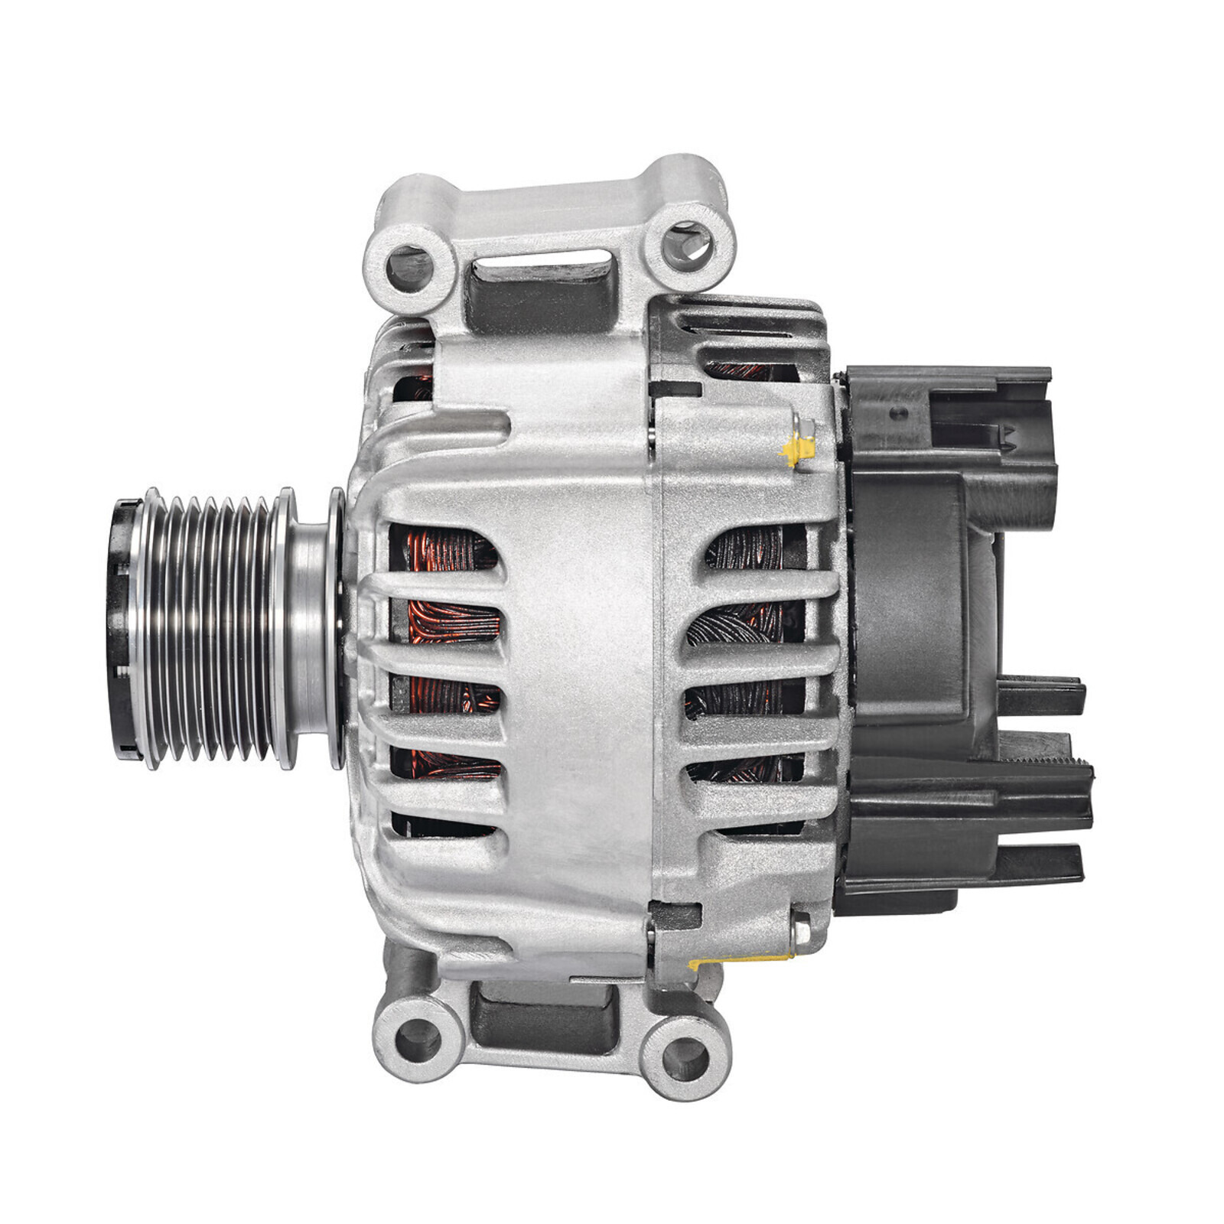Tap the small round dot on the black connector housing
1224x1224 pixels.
[x=900, y=413]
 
